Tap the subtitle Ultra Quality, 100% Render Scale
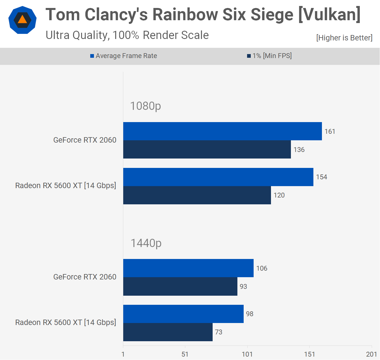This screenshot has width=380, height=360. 127,35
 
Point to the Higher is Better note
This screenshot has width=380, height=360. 344,38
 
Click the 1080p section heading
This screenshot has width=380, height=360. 145,106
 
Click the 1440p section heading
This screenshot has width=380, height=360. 146,243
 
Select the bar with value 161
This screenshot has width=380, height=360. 222,131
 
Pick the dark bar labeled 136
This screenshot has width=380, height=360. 207,149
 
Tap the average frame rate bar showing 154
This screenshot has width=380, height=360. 218,177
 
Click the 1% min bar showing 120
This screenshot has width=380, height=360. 197,195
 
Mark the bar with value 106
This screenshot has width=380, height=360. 188,268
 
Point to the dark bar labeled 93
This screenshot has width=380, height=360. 180,286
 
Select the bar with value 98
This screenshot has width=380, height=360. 183,314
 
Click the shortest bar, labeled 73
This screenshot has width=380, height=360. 168,332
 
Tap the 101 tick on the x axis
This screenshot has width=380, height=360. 247,354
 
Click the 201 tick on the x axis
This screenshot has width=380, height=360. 371,354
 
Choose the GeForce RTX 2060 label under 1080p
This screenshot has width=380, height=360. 85,140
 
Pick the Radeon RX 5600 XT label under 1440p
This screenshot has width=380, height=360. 66,322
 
